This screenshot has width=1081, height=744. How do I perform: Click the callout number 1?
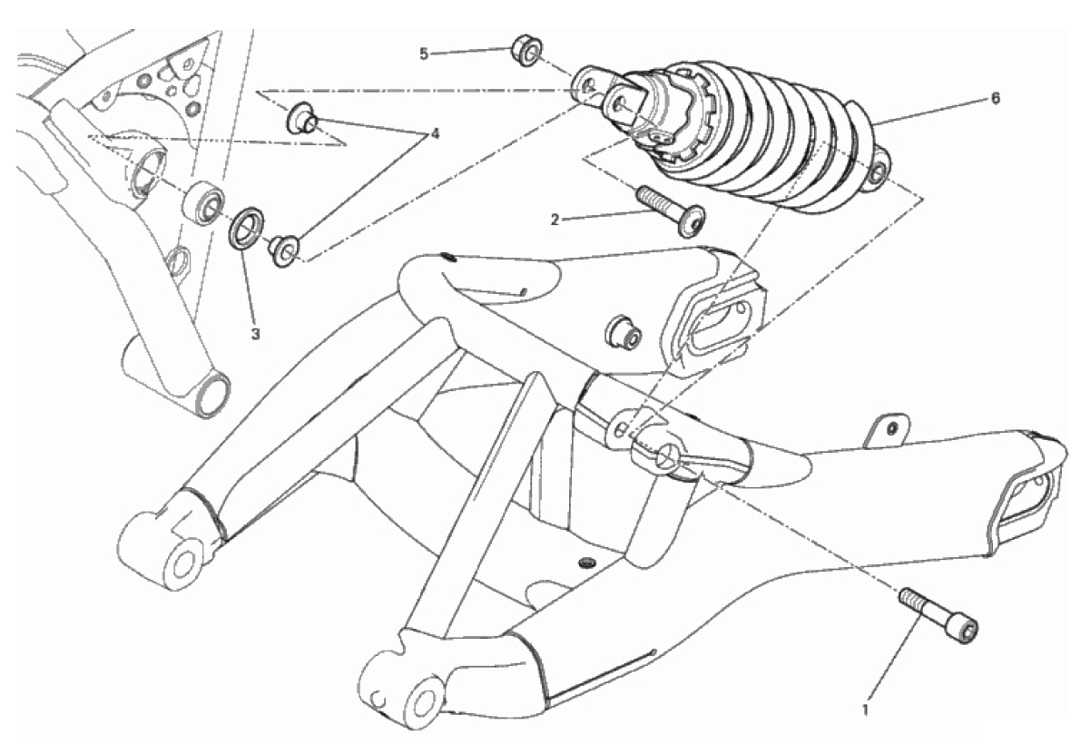coord(866,709)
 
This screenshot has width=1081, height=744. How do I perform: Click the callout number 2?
coord(555,220)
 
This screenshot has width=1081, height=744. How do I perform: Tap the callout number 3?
coord(255,335)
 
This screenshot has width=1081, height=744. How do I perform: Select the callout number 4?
coord(435,133)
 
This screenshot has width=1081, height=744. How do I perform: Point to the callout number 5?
coord(424,53)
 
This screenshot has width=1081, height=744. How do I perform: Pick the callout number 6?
coord(995,99)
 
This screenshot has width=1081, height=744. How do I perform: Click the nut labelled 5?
coord(526,53)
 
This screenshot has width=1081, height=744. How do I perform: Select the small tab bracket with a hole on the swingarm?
coord(890,430)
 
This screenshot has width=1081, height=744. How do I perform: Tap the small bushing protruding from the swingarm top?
coord(623,332)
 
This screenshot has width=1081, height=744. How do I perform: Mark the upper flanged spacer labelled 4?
coord(300,117)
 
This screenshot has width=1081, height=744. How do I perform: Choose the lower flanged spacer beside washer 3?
coord(284,250)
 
